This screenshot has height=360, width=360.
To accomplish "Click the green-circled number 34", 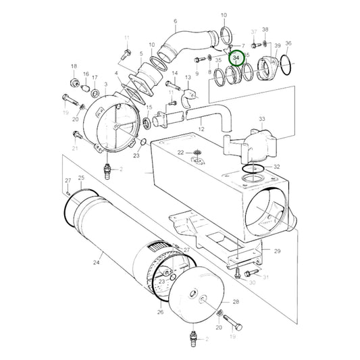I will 236,59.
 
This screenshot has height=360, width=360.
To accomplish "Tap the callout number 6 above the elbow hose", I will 175,21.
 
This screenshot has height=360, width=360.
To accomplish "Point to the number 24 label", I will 97,262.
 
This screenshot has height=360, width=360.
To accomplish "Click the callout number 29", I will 276,251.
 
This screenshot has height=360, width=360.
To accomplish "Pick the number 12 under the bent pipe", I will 201,128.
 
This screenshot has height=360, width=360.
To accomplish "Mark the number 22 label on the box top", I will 180,153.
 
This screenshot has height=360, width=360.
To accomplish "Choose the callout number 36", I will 288,43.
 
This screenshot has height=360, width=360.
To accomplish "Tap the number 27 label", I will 68,180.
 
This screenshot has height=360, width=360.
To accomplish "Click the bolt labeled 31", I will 249,274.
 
